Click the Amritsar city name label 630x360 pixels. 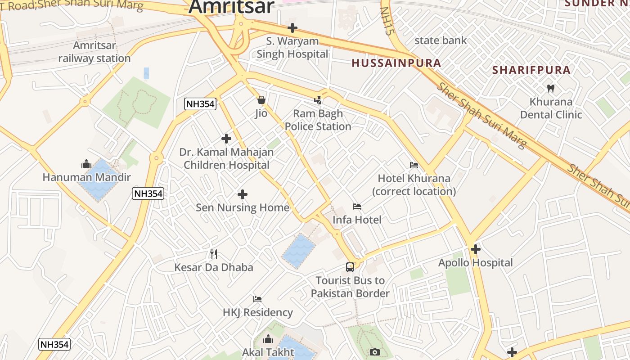231,6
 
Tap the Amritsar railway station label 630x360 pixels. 94,52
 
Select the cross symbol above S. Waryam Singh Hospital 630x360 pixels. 292,28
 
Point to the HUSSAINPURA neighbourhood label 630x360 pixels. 396,63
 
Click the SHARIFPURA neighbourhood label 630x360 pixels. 531,70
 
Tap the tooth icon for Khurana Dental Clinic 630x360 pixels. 550,88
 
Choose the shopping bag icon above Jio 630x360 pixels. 261,100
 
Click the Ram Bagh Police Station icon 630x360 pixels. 318,100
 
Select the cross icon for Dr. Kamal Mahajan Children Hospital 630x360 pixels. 226,139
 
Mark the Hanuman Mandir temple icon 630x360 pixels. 86,164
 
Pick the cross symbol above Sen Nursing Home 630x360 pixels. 243,194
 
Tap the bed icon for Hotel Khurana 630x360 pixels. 414,165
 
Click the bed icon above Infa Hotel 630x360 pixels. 357,207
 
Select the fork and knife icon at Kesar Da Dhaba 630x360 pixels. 214,254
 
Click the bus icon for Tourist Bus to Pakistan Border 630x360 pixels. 350,267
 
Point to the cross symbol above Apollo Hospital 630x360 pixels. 476,249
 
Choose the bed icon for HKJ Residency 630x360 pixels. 257,299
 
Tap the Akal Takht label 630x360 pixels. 268,352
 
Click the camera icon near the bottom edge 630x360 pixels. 375,352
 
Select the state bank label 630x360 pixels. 441,40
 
